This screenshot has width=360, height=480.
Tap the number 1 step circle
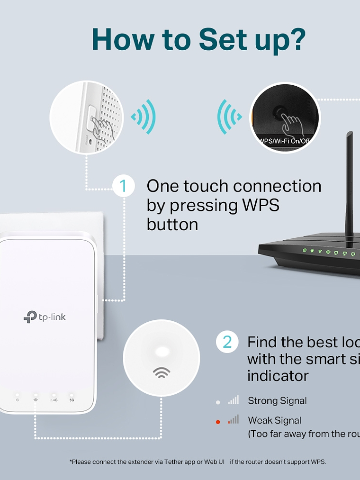[124, 186]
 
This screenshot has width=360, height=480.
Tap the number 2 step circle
[227, 342]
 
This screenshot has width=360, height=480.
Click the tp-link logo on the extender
[45, 317]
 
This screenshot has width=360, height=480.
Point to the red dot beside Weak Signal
[218, 422]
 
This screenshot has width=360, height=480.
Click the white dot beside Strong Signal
[218, 402]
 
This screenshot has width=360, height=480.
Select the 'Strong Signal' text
[277, 401]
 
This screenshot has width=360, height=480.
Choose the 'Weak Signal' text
[274, 420]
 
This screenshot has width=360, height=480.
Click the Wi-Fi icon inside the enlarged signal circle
[162, 372]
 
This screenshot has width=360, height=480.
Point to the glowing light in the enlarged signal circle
[162, 352]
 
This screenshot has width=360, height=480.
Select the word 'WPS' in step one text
[261, 205]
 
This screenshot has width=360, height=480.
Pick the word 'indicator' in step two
[278, 376]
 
